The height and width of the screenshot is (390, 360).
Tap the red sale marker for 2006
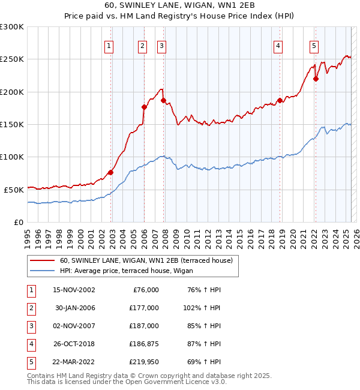pyautogui.click(x=144, y=107)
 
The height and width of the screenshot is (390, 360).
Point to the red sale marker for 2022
pyautogui.click(x=316, y=79)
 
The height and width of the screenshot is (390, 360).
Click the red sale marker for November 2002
pyautogui.click(x=111, y=172)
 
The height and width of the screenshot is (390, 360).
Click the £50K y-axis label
pyautogui.click(x=14, y=190)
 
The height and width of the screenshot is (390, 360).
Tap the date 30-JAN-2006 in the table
pyautogui.click(x=75, y=308)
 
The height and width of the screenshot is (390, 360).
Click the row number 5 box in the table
pyautogui.click(x=31, y=362)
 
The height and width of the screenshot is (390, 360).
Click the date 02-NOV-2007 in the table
pyautogui.click(x=74, y=326)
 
